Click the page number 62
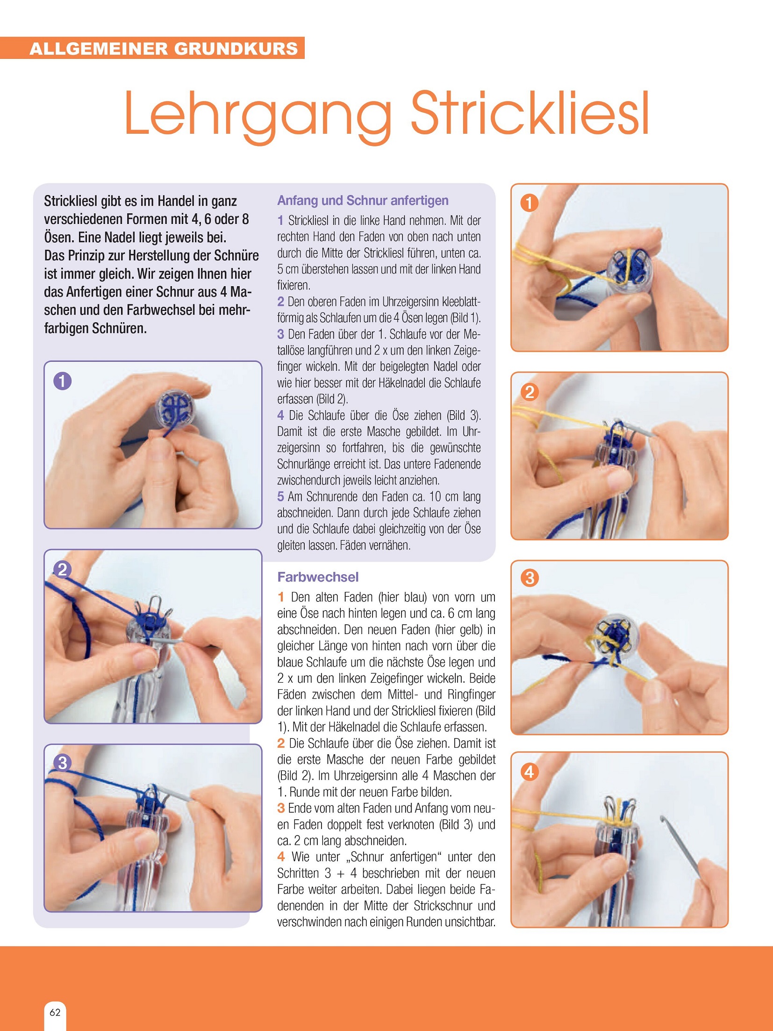pyautogui.click(x=55, y=1013)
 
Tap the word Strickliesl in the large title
pyautogui.click(x=530, y=113)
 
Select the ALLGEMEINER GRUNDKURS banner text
pyautogui.click(x=164, y=49)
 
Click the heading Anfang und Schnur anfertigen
pyautogui.click(x=363, y=201)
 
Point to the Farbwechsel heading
pyautogui.click(x=318, y=577)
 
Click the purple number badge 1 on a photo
pyautogui.click(x=62, y=381)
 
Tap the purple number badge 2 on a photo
pyautogui.click(x=62, y=570)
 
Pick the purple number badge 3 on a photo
pyautogui.click(x=62, y=763)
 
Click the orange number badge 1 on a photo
pyautogui.click(x=530, y=203)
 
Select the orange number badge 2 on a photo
pyautogui.click(x=530, y=392)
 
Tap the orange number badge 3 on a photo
pyautogui.click(x=530, y=578)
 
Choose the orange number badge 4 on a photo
pyautogui.click(x=530, y=771)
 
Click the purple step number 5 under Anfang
pyautogui.click(x=280, y=497)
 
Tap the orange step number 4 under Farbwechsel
pyautogui.click(x=281, y=857)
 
